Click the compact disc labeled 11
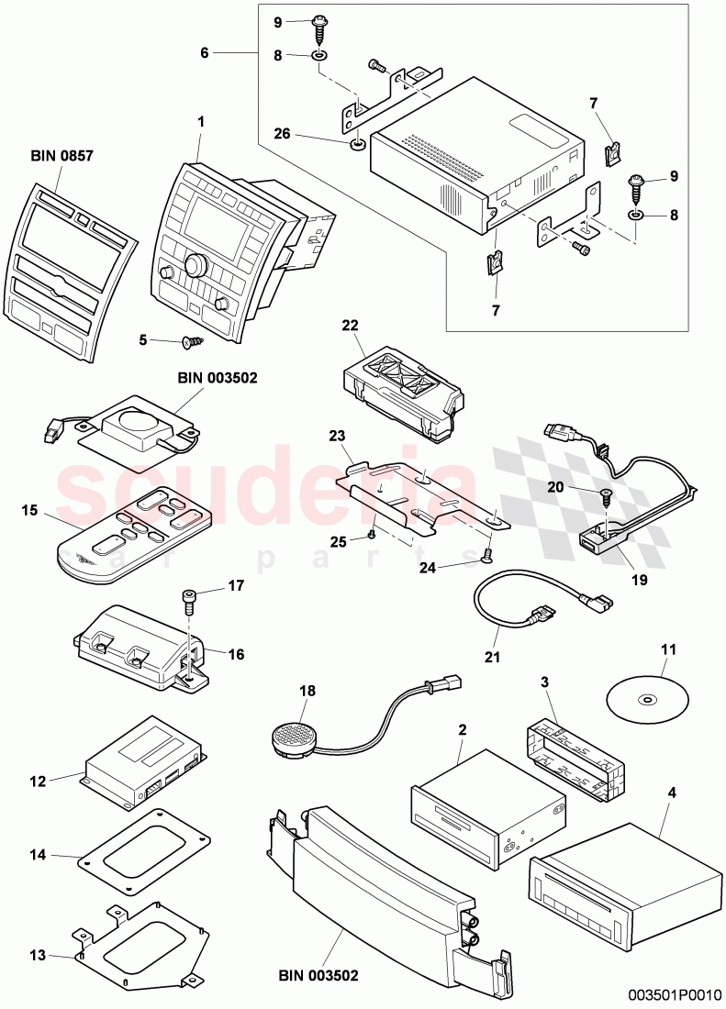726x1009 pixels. tap(647, 700)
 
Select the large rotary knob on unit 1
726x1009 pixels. tap(195, 266)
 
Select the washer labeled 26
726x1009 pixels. tap(353, 144)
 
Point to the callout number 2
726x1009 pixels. tap(464, 729)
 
